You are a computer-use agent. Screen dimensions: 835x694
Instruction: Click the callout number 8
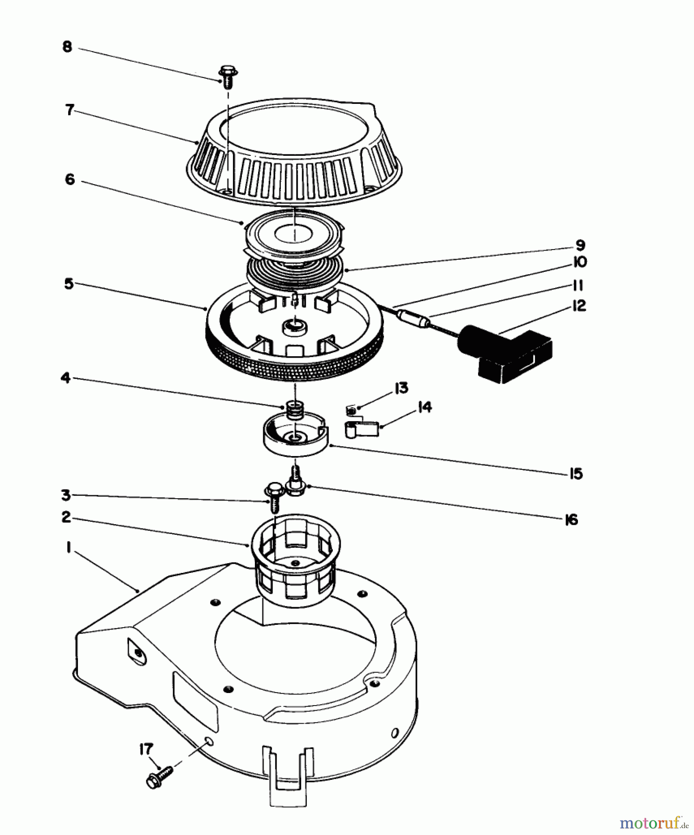coord(68,48)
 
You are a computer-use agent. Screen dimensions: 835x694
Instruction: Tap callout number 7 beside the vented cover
coord(70,110)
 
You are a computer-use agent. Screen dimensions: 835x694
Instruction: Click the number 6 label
coord(70,179)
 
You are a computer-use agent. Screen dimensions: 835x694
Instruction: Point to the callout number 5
coord(69,283)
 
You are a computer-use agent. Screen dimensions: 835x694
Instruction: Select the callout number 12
coord(578,306)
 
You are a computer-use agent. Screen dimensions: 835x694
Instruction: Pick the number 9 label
coord(580,244)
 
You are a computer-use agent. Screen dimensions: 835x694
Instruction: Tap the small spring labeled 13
coord(351,410)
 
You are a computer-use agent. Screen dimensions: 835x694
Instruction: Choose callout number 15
coord(576,474)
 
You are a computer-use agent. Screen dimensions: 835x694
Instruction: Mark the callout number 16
coord(571,520)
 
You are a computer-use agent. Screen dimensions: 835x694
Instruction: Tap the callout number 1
coord(68,548)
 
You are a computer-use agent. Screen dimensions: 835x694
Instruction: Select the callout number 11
coord(577,284)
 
